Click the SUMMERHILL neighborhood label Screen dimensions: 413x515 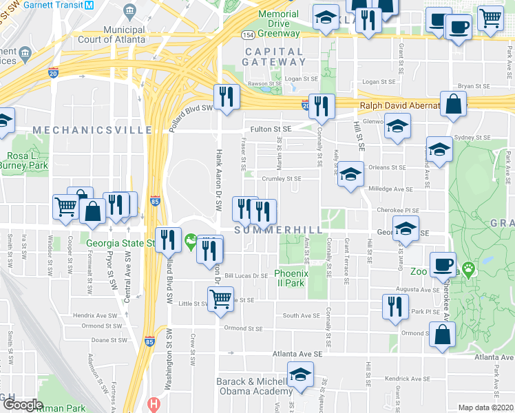click(270, 229)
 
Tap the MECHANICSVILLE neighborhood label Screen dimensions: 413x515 click(92, 129)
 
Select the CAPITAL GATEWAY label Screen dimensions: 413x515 click(280, 56)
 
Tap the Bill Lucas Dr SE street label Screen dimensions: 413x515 click(246, 275)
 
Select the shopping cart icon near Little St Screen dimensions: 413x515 click(220, 299)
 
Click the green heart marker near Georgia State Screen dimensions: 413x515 click(191, 242)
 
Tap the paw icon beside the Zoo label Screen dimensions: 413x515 click(470, 270)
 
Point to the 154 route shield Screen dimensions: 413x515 click(248, 34)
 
